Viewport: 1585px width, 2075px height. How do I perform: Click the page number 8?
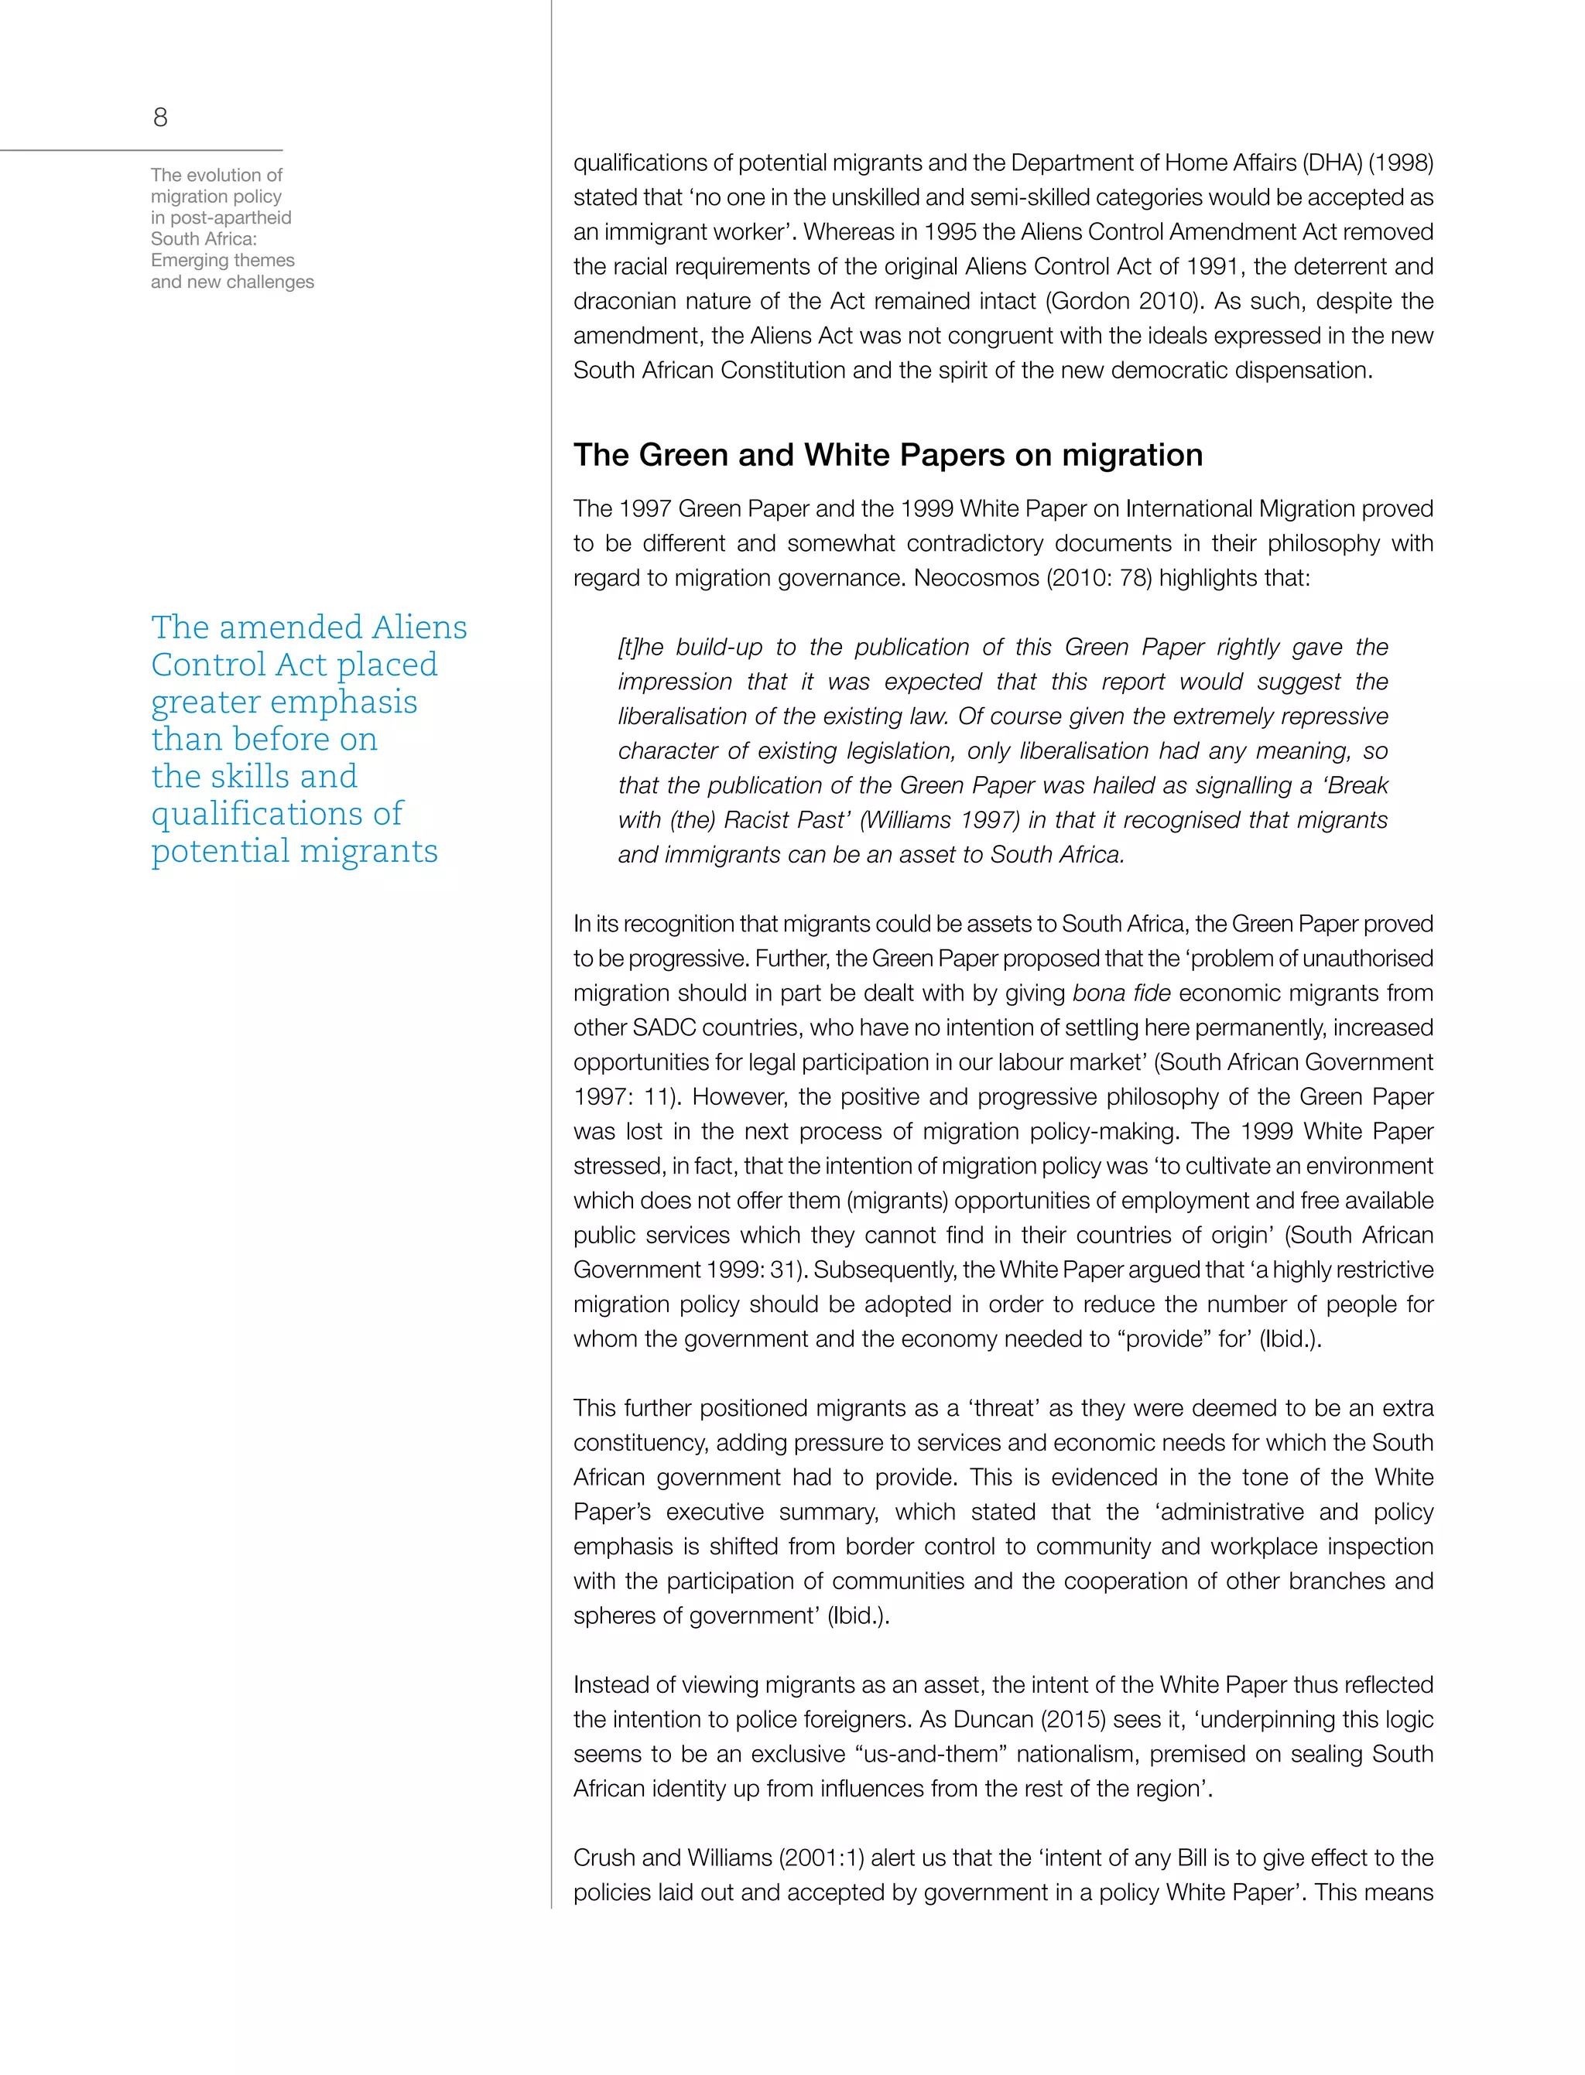pos(160,118)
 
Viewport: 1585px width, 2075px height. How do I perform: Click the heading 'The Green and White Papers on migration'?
pos(888,456)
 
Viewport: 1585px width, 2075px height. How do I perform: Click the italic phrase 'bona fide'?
pos(1121,993)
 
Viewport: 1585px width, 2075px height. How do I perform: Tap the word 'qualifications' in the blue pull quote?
pos(276,813)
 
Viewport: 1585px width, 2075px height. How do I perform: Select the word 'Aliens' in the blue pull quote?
pos(419,627)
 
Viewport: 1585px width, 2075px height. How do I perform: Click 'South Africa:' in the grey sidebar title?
pos(204,238)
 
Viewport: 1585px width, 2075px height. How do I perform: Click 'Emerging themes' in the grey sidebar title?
pos(223,260)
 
